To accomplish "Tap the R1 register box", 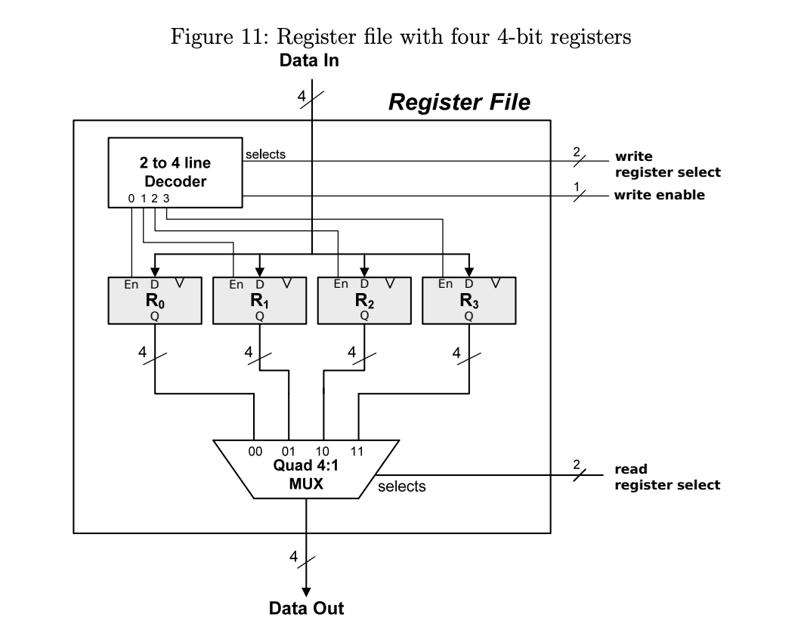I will (259, 301).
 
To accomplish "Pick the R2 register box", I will (364, 301).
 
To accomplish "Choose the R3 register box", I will (469, 301).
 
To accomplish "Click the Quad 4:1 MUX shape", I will (306, 468).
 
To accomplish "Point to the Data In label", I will (309, 61).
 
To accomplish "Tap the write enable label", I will (659, 195).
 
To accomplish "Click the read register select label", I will (666, 477).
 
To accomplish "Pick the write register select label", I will (666, 165).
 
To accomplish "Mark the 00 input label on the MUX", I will (255, 451).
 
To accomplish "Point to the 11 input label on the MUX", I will (357, 451).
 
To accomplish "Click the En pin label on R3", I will (446, 285).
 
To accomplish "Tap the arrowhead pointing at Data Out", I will (306, 588).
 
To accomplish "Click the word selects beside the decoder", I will (265, 154).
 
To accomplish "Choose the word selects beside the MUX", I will (401, 486).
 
